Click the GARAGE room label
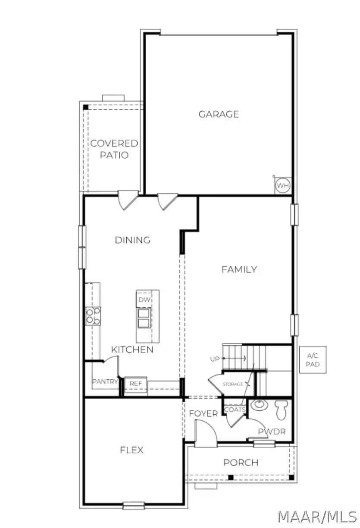[x=219, y=114]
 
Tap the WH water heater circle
[x=283, y=186]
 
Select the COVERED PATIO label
[x=114, y=149]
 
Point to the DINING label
[x=132, y=240]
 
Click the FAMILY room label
[x=239, y=269]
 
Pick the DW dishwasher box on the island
[x=143, y=299]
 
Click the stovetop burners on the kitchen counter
[x=93, y=316]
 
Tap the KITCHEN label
[x=132, y=349]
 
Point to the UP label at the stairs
[x=215, y=359]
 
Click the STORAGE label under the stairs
[x=233, y=384]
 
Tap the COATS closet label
[x=235, y=409]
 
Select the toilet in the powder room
[x=281, y=409]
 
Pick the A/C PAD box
[x=313, y=359]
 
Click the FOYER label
[x=203, y=414]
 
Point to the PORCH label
[x=241, y=463]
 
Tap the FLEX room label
[x=131, y=450]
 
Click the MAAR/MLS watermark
[x=317, y=516]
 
